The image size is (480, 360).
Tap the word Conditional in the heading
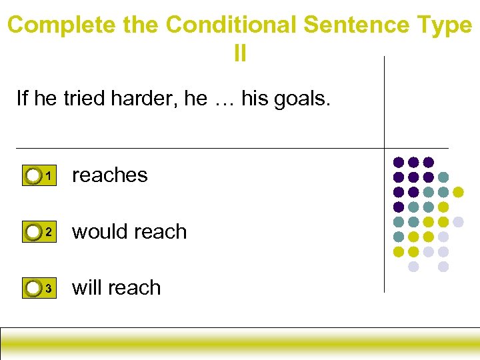tap(231, 25)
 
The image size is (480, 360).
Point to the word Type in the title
tap(444, 25)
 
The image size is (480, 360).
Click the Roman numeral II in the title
tap(240, 53)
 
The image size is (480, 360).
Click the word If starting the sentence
tap(22, 99)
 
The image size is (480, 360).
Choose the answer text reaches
tap(109, 175)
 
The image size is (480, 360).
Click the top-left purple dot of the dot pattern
tap(399, 162)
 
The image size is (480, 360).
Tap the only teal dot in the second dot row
tap(443, 177)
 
